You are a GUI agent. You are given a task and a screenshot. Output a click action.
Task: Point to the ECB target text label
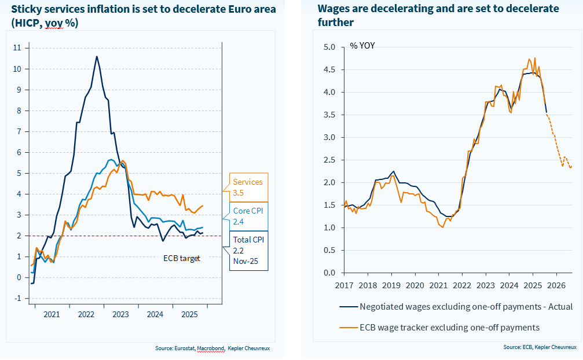[x=181, y=258]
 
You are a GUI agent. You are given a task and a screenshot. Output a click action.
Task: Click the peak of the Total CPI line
[x=97, y=57]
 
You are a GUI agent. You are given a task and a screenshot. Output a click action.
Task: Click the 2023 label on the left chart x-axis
[x=120, y=314]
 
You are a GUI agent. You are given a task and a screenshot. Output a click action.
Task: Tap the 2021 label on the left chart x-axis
[x=52, y=314]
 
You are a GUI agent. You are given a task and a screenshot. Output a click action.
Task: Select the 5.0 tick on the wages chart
[x=329, y=47]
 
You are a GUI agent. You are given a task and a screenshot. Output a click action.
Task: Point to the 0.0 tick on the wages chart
[x=329, y=273]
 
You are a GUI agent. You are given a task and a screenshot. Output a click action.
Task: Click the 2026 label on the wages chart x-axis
[x=556, y=285]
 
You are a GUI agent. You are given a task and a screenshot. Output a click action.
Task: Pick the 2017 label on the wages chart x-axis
[x=344, y=285]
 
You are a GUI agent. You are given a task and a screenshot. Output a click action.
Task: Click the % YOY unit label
[x=362, y=46]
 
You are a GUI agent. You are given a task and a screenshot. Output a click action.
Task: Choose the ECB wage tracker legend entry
[x=449, y=328]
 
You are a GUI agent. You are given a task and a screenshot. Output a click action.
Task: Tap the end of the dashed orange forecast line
[x=571, y=167]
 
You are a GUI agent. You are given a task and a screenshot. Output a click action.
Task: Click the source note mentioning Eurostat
[x=212, y=348]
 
